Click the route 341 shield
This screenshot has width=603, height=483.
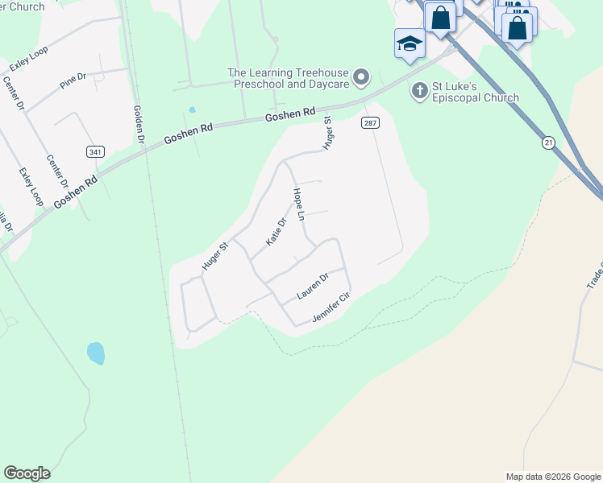pos(95,151)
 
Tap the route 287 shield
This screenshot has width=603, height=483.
pos(370,122)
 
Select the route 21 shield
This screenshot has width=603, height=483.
pos(549,142)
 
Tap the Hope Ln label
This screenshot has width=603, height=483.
pos(299,204)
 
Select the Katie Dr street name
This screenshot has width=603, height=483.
pos(277,232)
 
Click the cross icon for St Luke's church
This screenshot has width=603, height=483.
pos(419,90)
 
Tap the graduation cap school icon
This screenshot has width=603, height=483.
pos(409,43)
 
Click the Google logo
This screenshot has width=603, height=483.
pos(27,473)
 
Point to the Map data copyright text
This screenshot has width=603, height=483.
pos(552,477)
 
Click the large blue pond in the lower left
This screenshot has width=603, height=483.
pos(96,353)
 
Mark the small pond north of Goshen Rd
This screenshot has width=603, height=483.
pos(192,109)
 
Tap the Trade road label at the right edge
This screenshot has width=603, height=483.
pos(595,275)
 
